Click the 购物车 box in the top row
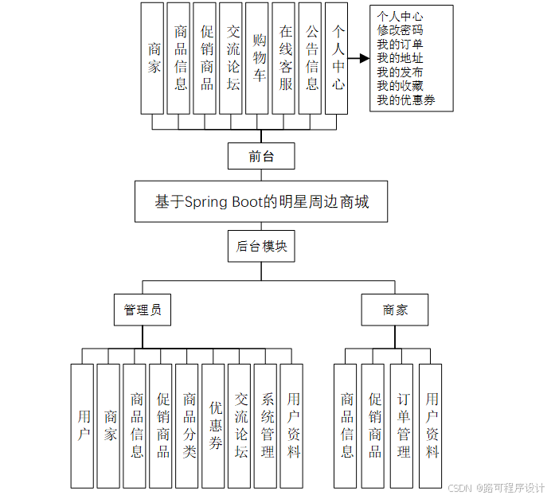[257, 57]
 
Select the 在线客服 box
[284, 57]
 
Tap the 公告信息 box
[311, 57]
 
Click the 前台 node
[261, 156]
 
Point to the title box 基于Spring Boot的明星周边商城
[262, 202]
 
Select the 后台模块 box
[261, 247]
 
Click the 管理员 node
[143, 310]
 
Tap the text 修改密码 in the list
[400, 30]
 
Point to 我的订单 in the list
[400, 44]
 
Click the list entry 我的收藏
[400, 86]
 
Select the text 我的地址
[400, 58]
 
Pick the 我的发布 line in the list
[400, 72]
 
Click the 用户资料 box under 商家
[430, 425]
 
